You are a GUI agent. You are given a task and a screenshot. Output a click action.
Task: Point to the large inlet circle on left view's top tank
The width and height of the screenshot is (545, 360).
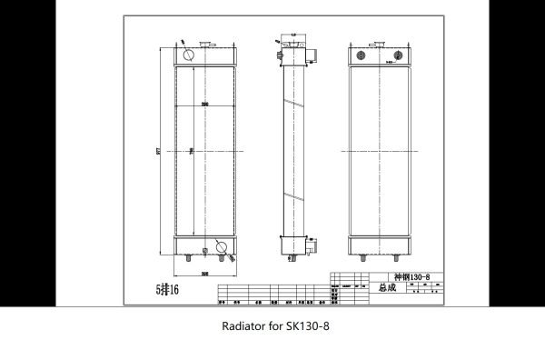tap(188, 55)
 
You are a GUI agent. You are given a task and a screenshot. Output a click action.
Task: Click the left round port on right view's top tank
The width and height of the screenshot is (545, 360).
tap(357, 55)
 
